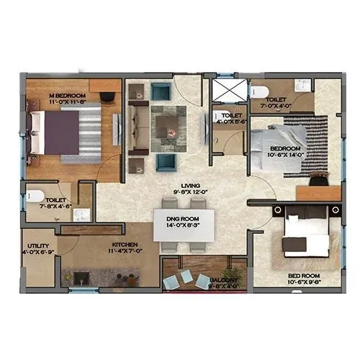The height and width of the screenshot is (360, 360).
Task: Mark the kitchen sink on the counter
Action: (x=76, y=276)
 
